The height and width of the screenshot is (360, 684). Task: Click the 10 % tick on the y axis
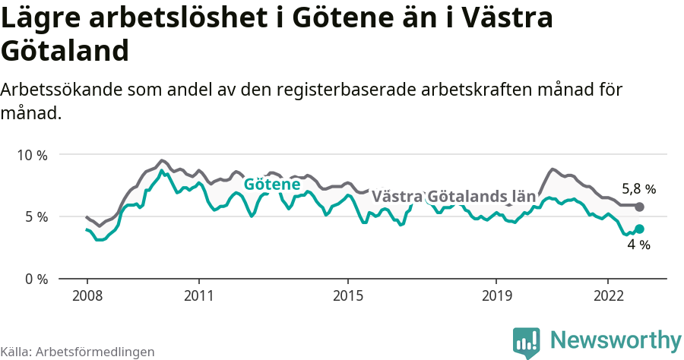(32, 155)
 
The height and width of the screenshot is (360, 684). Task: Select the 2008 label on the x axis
(87, 295)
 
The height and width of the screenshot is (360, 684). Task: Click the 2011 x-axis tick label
(198, 295)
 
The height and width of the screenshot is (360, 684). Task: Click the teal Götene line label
(271, 185)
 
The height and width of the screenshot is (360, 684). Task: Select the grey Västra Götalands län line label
(454, 197)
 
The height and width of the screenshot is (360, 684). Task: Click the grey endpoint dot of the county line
(639, 207)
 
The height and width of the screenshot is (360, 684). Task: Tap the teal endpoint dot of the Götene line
(639, 229)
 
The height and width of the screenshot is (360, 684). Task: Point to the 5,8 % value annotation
(638, 189)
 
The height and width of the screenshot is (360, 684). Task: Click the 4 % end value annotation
(638, 245)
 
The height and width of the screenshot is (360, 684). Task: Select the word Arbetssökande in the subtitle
(58, 90)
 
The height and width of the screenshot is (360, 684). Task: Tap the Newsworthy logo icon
(526, 342)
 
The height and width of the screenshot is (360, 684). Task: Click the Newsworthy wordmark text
(616, 340)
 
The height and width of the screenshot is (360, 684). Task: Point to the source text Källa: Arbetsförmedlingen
(78, 352)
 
